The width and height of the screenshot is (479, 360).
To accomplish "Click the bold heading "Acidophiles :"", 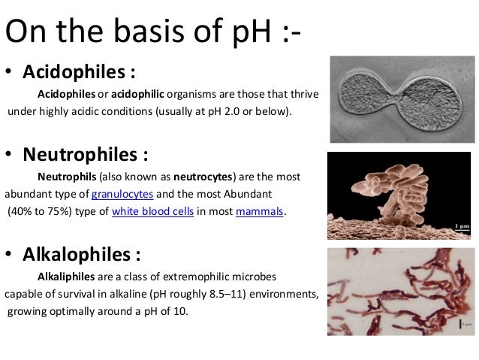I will pos(80,73).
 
